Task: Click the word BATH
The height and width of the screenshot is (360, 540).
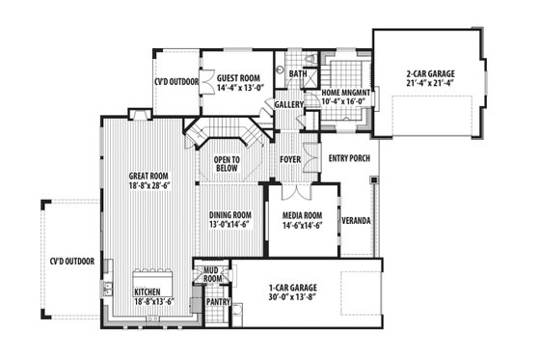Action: click(298, 72)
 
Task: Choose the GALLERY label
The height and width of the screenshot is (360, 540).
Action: click(289, 104)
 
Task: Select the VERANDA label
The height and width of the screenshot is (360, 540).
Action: click(356, 220)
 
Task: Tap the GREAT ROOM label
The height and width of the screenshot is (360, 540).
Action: click(148, 177)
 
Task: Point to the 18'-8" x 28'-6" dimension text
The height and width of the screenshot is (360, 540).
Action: click(148, 186)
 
